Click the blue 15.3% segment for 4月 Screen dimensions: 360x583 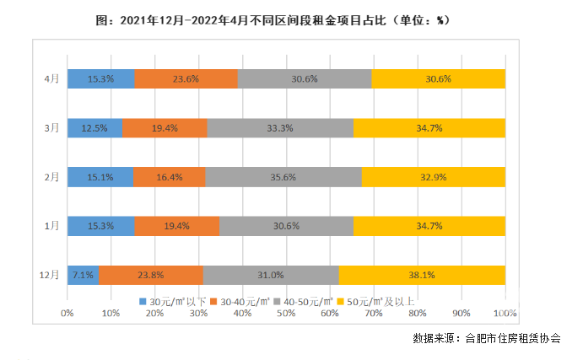pos(100,78)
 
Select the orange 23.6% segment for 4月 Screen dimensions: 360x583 pos(186,78)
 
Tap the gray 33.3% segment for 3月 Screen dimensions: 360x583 pos(280,127)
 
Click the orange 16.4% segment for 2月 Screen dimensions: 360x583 pos(169,177)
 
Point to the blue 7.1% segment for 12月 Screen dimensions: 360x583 pos(83,275)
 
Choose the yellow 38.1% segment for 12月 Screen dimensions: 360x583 pos(422,275)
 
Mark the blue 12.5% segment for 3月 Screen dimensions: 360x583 pos(94,127)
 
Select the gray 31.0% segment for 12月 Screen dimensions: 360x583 pos(271,275)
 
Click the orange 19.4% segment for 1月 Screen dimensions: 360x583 pos(176,226)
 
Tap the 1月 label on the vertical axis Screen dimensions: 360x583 pos(51,226)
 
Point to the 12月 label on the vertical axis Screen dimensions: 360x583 pos(49,275)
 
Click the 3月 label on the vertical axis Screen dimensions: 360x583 pos(51,127)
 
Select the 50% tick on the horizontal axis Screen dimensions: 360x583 pos(286,313)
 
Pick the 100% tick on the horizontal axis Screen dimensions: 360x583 pos(505,313)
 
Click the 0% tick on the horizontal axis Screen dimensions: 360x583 pos(67,313)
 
